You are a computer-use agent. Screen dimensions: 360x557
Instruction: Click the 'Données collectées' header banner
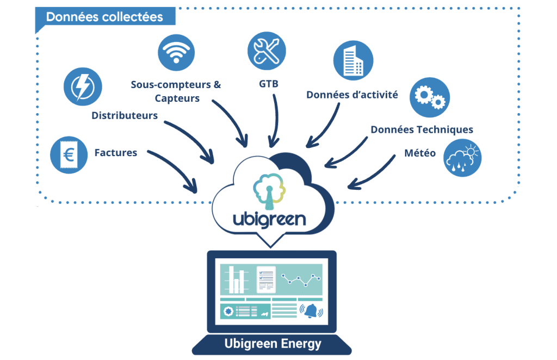tap(104, 16)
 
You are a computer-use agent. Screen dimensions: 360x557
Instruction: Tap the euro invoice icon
tap(69, 155)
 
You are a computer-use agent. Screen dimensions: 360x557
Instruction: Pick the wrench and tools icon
tap(266, 50)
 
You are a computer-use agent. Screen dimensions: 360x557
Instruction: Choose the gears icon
tap(429, 98)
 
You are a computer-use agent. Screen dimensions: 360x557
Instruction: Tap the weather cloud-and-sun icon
tap(462, 157)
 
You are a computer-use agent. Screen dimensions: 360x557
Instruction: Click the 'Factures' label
tap(116, 153)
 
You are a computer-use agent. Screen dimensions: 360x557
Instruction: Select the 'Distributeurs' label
tap(125, 115)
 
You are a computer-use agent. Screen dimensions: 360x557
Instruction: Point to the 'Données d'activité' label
tap(352, 95)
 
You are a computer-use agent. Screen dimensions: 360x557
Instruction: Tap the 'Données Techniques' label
tap(422, 129)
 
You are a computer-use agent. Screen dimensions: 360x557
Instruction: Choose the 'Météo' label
tap(419, 153)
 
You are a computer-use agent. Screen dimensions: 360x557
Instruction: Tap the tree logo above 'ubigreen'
tap(269, 188)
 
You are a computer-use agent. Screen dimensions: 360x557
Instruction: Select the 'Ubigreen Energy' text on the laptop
tap(273, 344)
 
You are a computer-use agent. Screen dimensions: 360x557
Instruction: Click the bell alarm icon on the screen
tap(311, 311)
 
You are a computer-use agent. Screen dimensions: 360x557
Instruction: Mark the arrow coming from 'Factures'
tap(174, 171)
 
